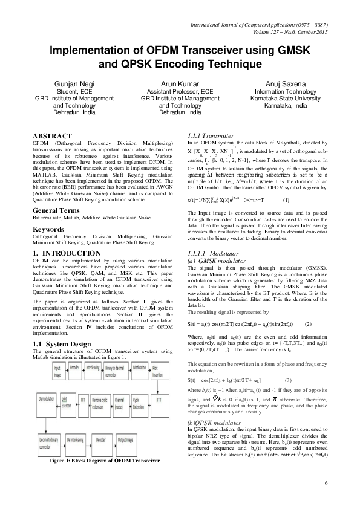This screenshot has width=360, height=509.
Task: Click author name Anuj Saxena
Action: [x=283, y=82]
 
